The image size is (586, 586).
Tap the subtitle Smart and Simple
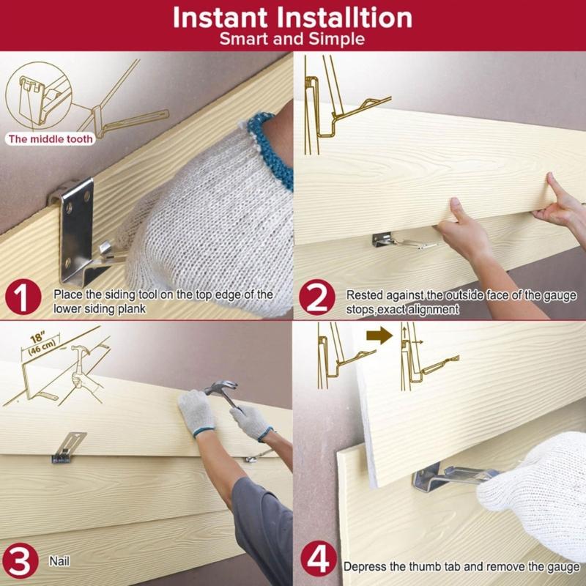coord(292,39)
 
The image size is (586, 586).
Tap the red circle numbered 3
coord(22,563)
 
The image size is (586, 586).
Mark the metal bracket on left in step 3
coord(67,447)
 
